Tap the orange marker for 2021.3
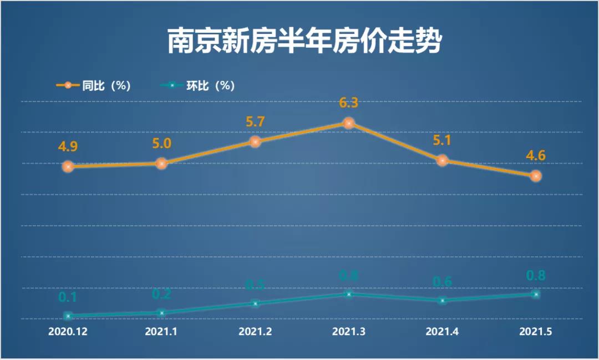(x=348, y=123)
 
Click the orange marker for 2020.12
(x=68, y=166)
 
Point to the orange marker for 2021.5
(x=535, y=176)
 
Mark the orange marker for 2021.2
(x=255, y=141)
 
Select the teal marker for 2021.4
(x=442, y=300)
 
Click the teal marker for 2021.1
(x=161, y=313)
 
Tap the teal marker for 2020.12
(x=68, y=316)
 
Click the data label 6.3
(x=348, y=103)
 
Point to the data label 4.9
(x=68, y=147)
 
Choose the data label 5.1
(x=442, y=140)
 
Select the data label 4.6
(x=535, y=156)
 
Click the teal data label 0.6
(x=442, y=282)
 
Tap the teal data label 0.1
(x=68, y=297)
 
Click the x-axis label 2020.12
(x=68, y=332)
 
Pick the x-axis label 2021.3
(x=348, y=332)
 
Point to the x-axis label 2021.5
(x=535, y=332)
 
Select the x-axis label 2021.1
(x=161, y=332)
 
